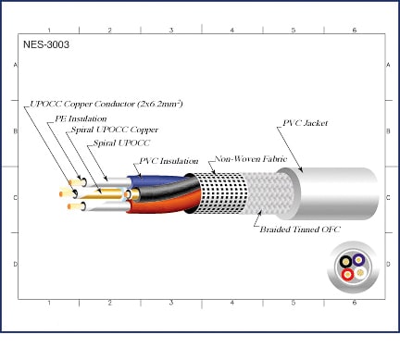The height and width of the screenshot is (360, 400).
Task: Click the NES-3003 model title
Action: point(46,44)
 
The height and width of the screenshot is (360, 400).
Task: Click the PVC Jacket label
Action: point(306,123)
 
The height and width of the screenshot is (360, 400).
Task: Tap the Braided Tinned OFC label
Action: point(300,230)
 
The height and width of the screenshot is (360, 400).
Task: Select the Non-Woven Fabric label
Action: point(251,159)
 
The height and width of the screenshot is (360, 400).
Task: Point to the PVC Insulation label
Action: point(169,161)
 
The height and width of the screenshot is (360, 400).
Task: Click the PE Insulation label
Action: point(81,118)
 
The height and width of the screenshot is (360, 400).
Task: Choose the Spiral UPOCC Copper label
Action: point(115,130)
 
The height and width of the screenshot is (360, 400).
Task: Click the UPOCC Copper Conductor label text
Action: point(106,104)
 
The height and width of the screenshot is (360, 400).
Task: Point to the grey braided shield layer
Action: point(269,192)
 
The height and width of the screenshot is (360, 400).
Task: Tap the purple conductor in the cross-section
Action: point(358,260)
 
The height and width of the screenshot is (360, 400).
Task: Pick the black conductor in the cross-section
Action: point(346,262)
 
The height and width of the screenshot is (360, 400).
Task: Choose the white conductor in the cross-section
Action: point(360,273)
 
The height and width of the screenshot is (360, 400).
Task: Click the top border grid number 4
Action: point(232,30)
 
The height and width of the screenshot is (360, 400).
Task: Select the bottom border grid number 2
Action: point(110,303)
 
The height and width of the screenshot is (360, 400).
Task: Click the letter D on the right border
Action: point(388,264)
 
